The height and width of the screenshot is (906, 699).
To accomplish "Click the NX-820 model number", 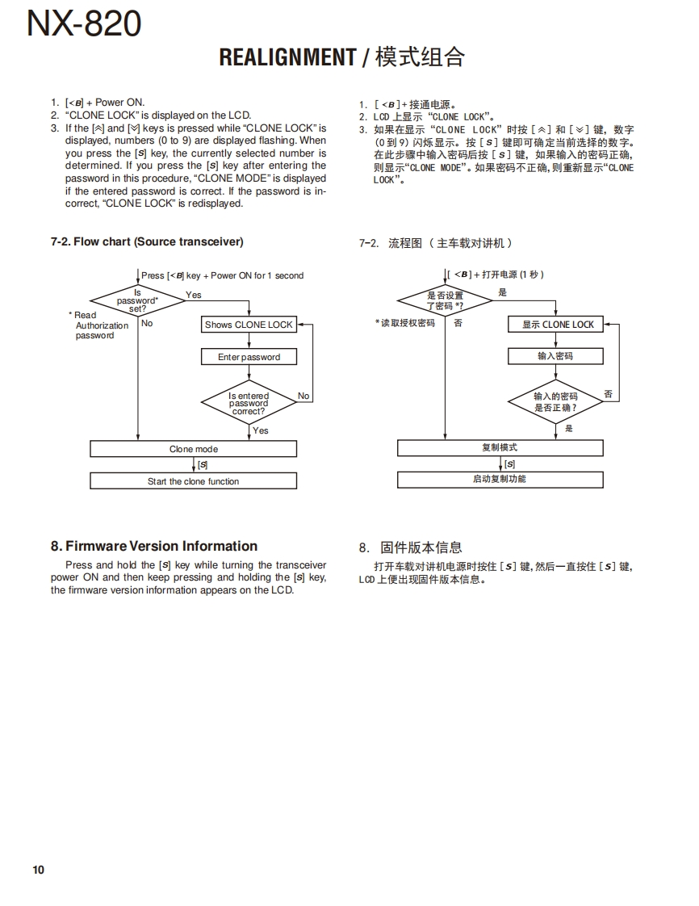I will tap(84, 25).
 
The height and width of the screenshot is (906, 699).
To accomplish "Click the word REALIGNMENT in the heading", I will tap(287, 57).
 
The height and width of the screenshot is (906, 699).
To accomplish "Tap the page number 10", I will tap(39, 870).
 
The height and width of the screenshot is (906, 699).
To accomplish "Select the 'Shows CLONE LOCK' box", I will tap(249, 325).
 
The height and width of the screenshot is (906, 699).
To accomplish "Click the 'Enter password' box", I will tap(249, 357).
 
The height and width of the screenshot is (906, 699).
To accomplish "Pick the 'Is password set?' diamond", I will tap(138, 300).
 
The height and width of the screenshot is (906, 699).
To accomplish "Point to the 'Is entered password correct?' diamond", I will tap(249, 403).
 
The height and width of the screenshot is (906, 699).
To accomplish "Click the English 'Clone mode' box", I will tap(194, 449).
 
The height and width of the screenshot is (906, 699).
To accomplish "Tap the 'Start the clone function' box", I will tap(194, 481).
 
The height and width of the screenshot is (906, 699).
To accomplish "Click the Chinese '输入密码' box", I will tap(555, 356).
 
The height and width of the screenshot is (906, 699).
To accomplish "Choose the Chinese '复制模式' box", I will tap(500, 447).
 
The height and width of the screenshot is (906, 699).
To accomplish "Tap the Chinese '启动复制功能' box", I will tap(500, 479).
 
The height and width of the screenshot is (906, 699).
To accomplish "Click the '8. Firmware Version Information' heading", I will tap(154, 546).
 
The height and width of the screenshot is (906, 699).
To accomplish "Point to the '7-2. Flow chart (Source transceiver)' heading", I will tap(147, 241).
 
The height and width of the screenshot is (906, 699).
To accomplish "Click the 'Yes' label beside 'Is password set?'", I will tap(194, 295).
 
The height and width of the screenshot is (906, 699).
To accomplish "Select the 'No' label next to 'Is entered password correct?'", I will tap(303, 396).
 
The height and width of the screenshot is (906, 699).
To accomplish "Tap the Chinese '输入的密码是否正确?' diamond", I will tap(555, 401).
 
